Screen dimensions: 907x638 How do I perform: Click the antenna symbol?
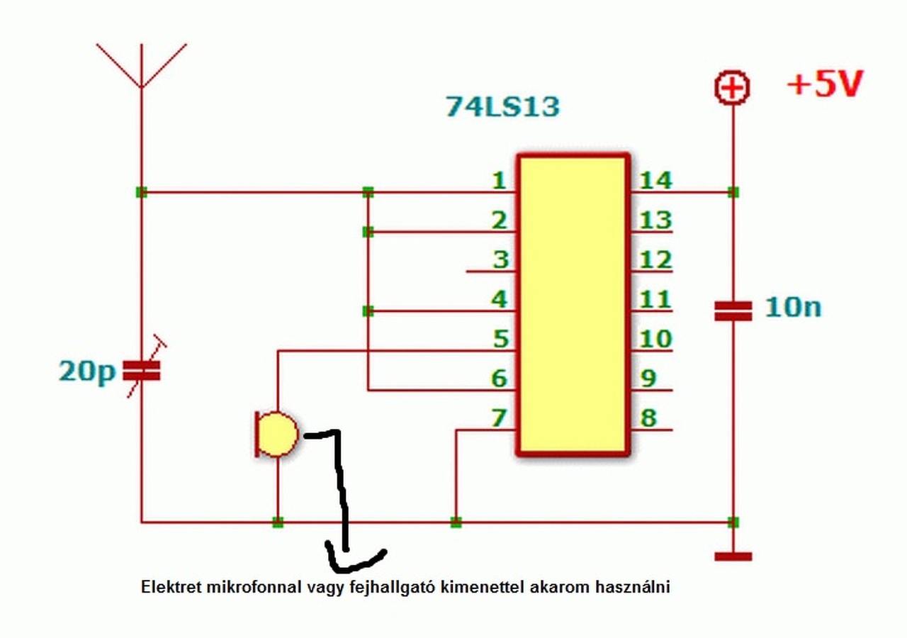[x=142, y=67]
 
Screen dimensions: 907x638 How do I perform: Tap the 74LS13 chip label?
[x=502, y=106]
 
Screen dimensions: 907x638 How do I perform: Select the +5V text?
[x=826, y=85]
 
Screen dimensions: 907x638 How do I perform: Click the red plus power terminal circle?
[x=733, y=89]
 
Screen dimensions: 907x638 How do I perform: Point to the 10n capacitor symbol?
[x=733, y=310]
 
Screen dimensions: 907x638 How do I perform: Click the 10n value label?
[x=793, y=308]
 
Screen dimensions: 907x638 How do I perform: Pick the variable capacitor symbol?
[x=142, y=369]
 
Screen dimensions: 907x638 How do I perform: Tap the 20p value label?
[x=86, y=371]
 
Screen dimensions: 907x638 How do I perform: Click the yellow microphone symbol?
[x=276, y=434]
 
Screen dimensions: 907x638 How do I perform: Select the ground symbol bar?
[x=733, y=556]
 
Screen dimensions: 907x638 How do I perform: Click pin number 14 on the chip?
[x=655, y=181]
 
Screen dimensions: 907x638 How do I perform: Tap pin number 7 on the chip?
[x=499, y=418]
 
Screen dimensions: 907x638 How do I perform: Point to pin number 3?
[x=500, y=259]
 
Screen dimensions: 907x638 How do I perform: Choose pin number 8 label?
[x=648, y=418]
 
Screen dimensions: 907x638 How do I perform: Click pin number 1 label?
[x=499, y=181]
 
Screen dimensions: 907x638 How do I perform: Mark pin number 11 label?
[x=655, y=299]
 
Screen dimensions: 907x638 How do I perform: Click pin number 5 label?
[x=500, y=339]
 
